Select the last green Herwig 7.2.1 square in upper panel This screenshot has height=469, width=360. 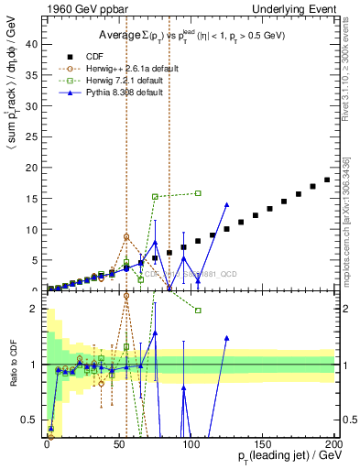coord(198,193)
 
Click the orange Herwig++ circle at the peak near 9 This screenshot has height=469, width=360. coord(126,236)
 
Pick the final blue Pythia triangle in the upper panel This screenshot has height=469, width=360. coord(226,205)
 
